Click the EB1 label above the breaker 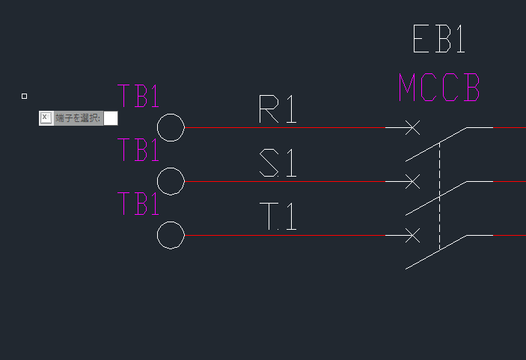coord(438,39)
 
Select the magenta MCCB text coord(439,88)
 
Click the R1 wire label coord(278,109)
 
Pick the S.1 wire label coord(278,162)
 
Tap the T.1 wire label coord(278,216)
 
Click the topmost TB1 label coord(138,96)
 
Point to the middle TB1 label coord(138,150)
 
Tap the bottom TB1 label coord(138,204)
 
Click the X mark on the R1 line coord(412,127)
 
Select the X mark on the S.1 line coord(412,182)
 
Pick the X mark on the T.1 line coord(412,235)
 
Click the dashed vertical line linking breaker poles coord(439,196)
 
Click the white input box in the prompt coord(111,118)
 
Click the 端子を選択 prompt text coord(78,118)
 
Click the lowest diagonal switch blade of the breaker coord(436,252)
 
